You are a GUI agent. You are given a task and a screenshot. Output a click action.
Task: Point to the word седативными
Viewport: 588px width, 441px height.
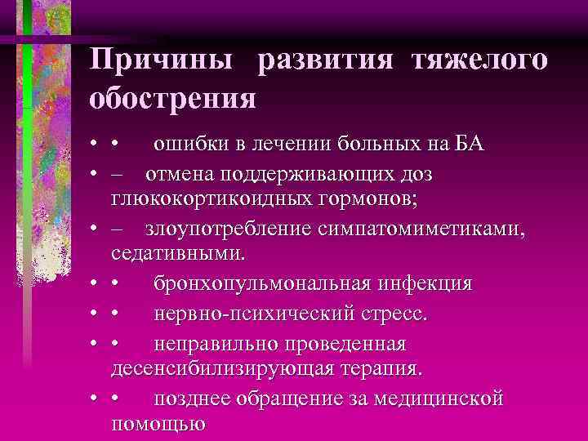176,255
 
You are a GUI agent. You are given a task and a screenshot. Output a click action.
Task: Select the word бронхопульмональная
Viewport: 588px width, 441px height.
262,283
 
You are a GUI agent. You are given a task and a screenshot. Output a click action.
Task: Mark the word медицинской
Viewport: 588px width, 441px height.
441,398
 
